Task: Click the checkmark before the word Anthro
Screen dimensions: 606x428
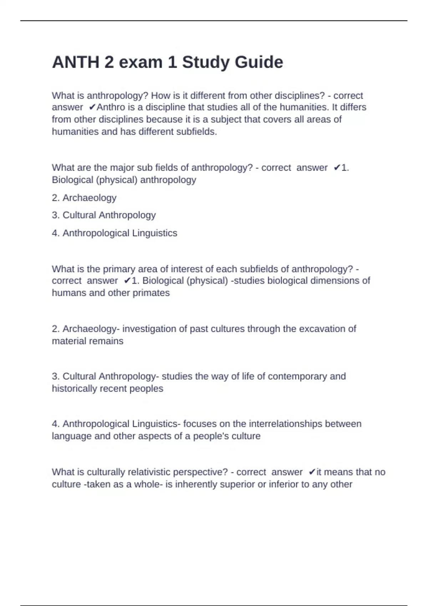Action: click(92, 107)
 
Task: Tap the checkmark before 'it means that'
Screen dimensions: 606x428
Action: click(312, 472)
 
